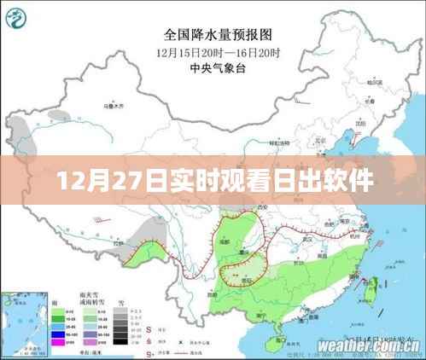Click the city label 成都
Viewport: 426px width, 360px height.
pos(224,242)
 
